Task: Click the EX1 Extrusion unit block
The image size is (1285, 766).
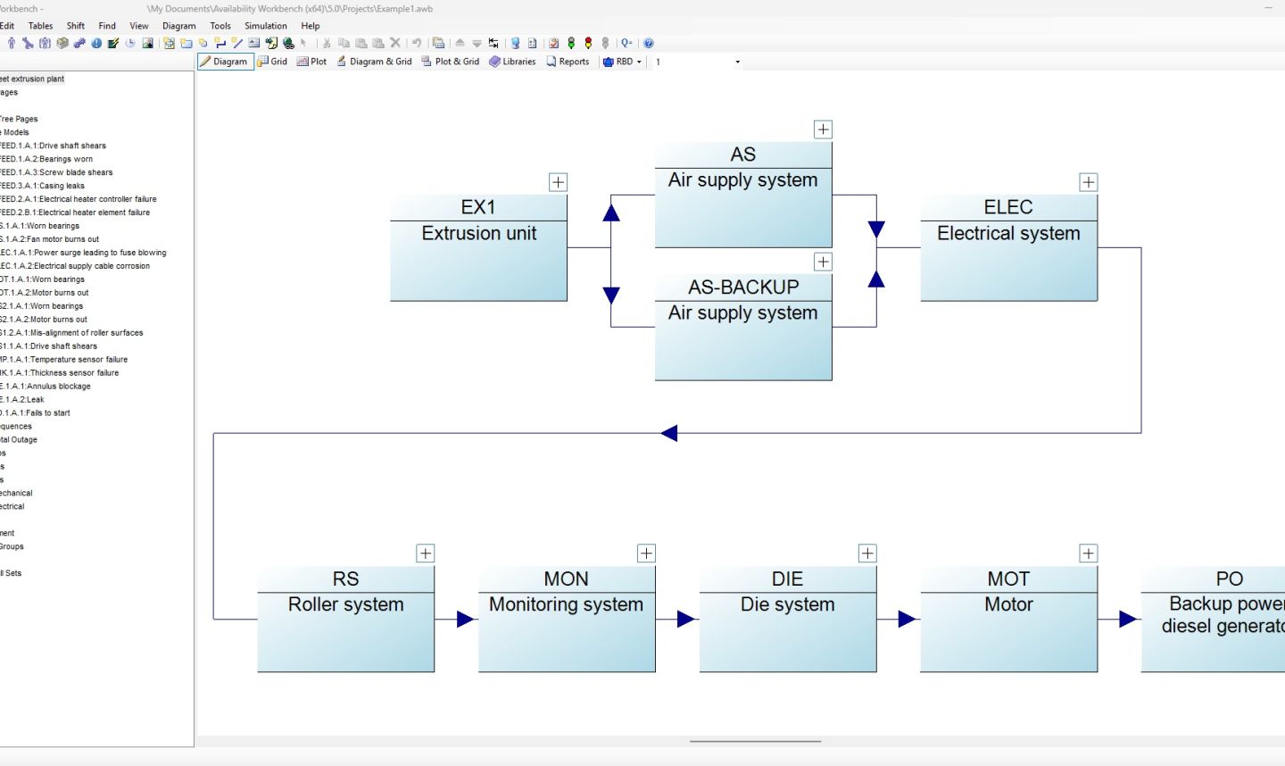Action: coord(478,247)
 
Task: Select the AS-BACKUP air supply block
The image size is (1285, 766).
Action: coord(742,327)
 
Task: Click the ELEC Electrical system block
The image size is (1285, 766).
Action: coord(1008,247)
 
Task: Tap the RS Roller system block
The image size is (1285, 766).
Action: coord(345,619)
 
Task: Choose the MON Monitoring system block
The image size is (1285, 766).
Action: coord(566,619)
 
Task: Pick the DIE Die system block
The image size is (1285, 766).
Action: coord(787,619)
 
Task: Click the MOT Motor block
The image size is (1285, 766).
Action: coord(1008,619)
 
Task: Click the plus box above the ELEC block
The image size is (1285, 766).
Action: coord(1088,182)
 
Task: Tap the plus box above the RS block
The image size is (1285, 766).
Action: coord(426,554)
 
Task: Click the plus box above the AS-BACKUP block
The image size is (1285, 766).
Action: coord(823,262)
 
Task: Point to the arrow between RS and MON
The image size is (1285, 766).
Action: coord(465,619)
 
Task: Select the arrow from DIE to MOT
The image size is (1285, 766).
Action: coord(907,619)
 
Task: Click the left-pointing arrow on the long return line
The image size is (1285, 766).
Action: coord(669,433)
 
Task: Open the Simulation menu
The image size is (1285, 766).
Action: coord(265,26)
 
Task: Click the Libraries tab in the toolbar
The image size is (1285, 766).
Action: coord(512,62)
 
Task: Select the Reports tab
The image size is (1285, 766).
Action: coord(568,62)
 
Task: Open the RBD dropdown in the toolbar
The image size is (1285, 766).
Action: coord(623,62)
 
